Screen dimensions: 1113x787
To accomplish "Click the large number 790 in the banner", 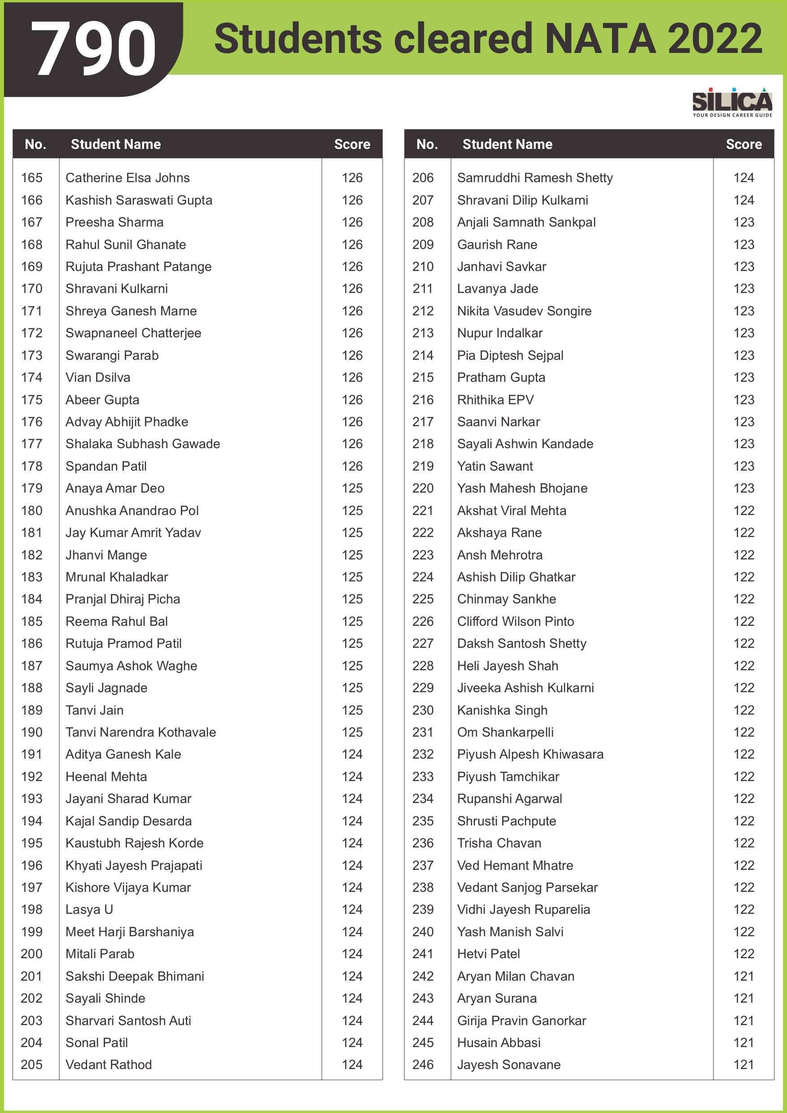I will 94,48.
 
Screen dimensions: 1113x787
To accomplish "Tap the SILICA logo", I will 732,101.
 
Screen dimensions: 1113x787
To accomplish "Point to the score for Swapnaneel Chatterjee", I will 352,333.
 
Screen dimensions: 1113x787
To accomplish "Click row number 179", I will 31,488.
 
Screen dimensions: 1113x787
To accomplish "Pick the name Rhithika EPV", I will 495,399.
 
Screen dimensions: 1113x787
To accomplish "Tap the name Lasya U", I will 89,909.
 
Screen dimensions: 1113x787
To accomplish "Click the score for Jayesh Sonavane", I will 743,1065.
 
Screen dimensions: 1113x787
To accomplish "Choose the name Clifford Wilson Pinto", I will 516,621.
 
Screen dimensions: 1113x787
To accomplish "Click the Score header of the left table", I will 352,144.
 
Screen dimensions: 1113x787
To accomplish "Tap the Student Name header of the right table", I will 507,144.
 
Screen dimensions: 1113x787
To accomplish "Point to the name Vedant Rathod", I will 109,1065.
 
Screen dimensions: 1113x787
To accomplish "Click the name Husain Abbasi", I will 498,1042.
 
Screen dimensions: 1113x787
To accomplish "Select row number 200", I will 31,953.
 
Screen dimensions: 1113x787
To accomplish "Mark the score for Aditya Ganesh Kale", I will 352,754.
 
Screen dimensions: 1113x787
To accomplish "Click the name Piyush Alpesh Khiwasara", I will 530,754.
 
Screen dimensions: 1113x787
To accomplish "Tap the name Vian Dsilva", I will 98,377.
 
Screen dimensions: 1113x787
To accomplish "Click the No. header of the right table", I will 427,144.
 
